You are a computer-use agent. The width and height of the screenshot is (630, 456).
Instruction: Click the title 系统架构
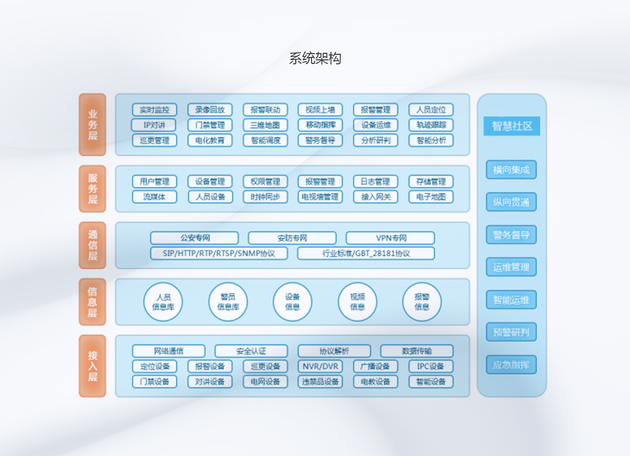[315, 58]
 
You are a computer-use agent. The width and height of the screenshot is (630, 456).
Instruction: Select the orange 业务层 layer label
[93, 125]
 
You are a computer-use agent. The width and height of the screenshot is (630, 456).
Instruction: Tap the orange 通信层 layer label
[93, 245]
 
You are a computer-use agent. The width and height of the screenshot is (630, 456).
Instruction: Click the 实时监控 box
[155, 110]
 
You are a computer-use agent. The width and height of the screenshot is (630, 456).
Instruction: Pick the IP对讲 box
[154, 125]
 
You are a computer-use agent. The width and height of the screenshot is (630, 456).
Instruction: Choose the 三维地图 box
[265, 125]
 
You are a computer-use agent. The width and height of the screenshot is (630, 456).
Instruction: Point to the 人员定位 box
[431, 110]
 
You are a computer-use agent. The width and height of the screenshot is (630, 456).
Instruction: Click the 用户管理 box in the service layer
[155, 181]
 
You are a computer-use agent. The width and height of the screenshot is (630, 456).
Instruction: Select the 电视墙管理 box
[320, 197]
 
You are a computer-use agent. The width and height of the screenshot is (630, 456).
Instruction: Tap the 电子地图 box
[431, 197]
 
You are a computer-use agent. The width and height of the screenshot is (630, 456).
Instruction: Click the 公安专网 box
[195, 238]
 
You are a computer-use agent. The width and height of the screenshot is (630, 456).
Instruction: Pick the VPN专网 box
[390, 238]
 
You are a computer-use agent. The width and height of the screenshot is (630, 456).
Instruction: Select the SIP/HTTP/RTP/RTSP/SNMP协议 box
[219, 253]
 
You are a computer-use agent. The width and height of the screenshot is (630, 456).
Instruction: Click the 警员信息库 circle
[228, 302]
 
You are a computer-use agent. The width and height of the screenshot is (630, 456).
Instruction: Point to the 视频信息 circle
[357, 302]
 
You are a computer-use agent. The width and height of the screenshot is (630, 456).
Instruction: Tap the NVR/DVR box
[320, 366]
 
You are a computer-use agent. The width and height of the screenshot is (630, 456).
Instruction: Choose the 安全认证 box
[251, 351]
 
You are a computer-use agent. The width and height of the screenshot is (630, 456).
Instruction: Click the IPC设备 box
[431, 366]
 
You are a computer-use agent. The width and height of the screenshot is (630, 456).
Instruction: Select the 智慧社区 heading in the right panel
[512, 126]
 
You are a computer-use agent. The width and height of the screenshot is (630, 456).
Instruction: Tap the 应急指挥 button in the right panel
[511, 365]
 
